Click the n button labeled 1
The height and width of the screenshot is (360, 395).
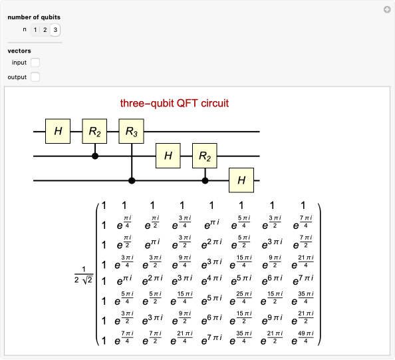(35, 29)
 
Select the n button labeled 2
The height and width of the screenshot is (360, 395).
(45, 29)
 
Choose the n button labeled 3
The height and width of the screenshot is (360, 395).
(55, 29)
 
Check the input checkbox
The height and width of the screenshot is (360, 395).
(35, 63)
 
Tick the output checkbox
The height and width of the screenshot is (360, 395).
(35, 77)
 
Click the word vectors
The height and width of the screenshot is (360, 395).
(19, 51)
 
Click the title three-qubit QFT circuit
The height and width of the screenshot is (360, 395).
(174, 103)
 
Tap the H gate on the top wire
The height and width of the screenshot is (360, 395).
(58, 132)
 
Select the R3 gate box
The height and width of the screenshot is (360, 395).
(132, 132)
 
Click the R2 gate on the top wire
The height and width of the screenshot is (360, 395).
(94, 132)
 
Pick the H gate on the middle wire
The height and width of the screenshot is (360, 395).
(168, 156)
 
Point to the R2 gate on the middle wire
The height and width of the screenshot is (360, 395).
(205, 156)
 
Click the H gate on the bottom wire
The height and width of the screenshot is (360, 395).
(242, 180)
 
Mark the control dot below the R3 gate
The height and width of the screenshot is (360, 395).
(132, 180)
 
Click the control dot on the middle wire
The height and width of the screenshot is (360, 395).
(95, 156)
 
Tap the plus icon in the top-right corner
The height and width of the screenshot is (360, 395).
(386, 9)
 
